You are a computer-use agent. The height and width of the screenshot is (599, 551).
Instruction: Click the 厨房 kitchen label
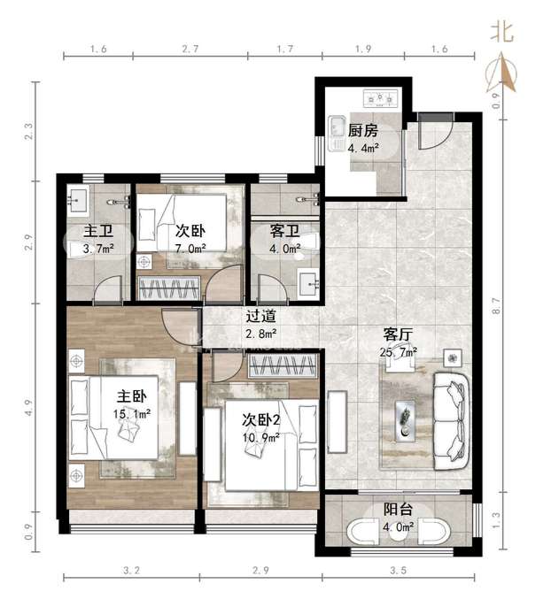coord(362,131)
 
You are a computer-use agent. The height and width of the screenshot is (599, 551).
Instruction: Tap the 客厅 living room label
coord(398,334)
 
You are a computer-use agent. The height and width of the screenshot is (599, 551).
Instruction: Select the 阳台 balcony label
coord(398,510)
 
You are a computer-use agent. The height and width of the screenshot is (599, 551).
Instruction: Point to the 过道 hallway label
coord(260,316)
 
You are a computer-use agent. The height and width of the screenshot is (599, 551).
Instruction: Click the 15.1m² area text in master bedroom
coord(131,413)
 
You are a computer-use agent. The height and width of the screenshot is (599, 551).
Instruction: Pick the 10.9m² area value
coord(260,437)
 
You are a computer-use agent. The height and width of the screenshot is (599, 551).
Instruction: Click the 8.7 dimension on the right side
coord(495,306)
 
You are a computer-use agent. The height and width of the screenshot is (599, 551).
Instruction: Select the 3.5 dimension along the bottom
coord(398,571)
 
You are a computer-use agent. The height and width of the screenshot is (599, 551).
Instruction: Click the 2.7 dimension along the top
coord(190,49)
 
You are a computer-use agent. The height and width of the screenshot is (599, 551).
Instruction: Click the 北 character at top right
coord(501,32)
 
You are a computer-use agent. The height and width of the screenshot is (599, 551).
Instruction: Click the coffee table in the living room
coord(406,421)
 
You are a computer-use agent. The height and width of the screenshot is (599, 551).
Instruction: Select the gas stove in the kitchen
coord(380,99)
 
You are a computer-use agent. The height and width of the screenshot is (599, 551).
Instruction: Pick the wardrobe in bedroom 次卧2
coord(283,365)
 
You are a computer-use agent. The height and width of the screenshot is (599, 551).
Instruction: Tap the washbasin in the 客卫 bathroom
coord(308,283)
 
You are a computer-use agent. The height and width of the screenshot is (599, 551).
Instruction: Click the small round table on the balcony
coord(398,532)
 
